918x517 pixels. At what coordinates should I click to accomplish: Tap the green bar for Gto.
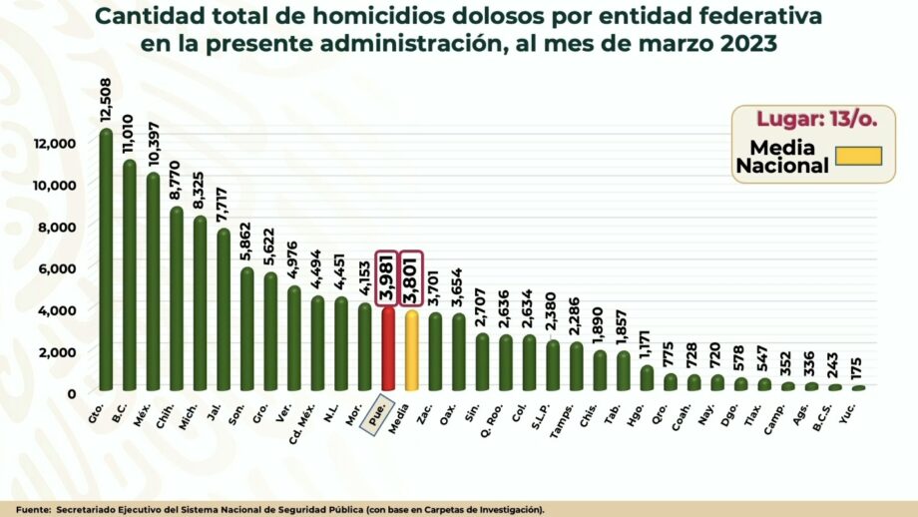[106, 259]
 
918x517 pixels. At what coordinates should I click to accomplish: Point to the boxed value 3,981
[388, 277]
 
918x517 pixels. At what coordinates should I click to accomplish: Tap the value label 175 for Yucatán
[857, 359]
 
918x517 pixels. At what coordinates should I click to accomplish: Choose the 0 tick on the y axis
[70, 393]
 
